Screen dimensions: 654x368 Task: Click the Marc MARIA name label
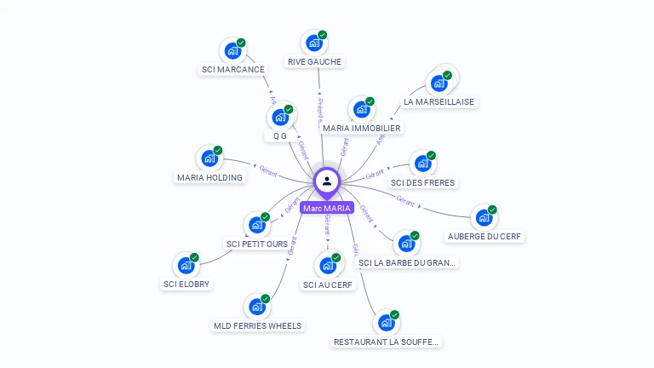tap(327, 208)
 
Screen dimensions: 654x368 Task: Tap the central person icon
tap(327, 181)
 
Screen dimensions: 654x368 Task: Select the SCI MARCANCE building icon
tap(232, 50)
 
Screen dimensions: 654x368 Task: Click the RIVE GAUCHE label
tap(314, 61)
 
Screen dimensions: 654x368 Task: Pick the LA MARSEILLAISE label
tap(439, 101)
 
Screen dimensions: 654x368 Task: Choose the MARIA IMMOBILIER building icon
tap(361, 109)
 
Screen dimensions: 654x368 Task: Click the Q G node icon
tap(279, 117)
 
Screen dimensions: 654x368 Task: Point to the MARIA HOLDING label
tap(209, 177)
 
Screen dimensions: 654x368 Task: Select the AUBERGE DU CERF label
tap(485, 236)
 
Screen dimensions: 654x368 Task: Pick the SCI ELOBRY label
tap(186, 284)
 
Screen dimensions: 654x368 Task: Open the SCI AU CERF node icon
tap(327, 266)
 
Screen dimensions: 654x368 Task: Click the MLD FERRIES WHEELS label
tap(256, 325)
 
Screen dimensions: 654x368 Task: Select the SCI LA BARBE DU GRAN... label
tap(407, 263)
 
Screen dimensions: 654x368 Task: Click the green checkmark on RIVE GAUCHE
tap(323, 35)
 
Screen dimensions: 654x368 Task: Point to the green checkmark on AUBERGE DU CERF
tap(492, 210)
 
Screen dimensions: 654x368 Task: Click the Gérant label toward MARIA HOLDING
tap(268, 168)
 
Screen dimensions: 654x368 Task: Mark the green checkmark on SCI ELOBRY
tap(194, 257)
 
